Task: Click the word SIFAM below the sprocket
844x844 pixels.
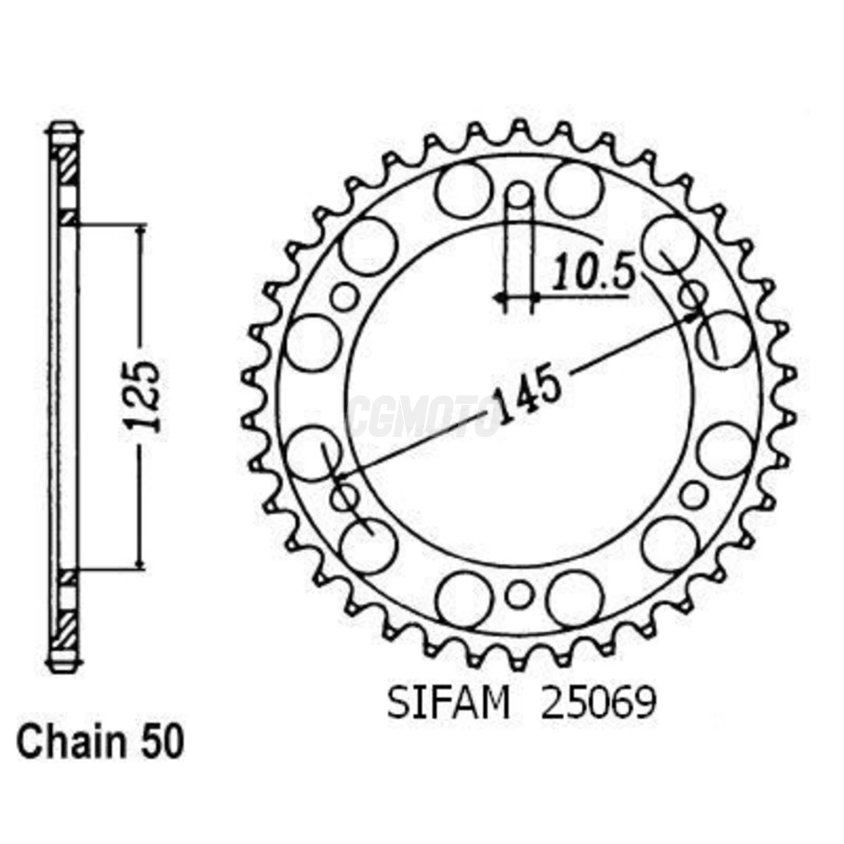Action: pyautogui.click(x=449, y=703)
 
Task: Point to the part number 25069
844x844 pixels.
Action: pyautogui.click(x=597, y=703)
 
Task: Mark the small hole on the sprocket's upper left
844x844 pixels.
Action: pyautogui.click(x=345, y=297)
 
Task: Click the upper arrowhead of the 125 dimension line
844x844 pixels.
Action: pyautogui.click(x=141, y=231)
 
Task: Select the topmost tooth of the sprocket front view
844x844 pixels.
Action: pyautogui.click(x=519, y=127)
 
